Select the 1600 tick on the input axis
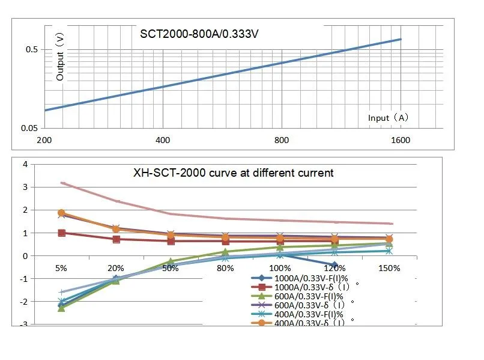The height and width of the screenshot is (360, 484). [400, 141]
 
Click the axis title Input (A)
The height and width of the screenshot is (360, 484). [389, 118]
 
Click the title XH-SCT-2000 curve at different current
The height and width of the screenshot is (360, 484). [234, 173]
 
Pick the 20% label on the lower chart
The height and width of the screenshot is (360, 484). [115, 268]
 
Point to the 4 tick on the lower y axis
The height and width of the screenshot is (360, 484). [25, 164]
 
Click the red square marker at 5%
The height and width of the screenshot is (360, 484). [61, 233]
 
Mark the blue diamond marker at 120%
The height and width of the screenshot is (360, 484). [334, 265]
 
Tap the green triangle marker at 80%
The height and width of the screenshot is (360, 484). [225, 252]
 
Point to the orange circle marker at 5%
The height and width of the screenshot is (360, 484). [61, 213]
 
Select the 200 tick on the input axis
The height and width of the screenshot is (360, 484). [44, 141]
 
